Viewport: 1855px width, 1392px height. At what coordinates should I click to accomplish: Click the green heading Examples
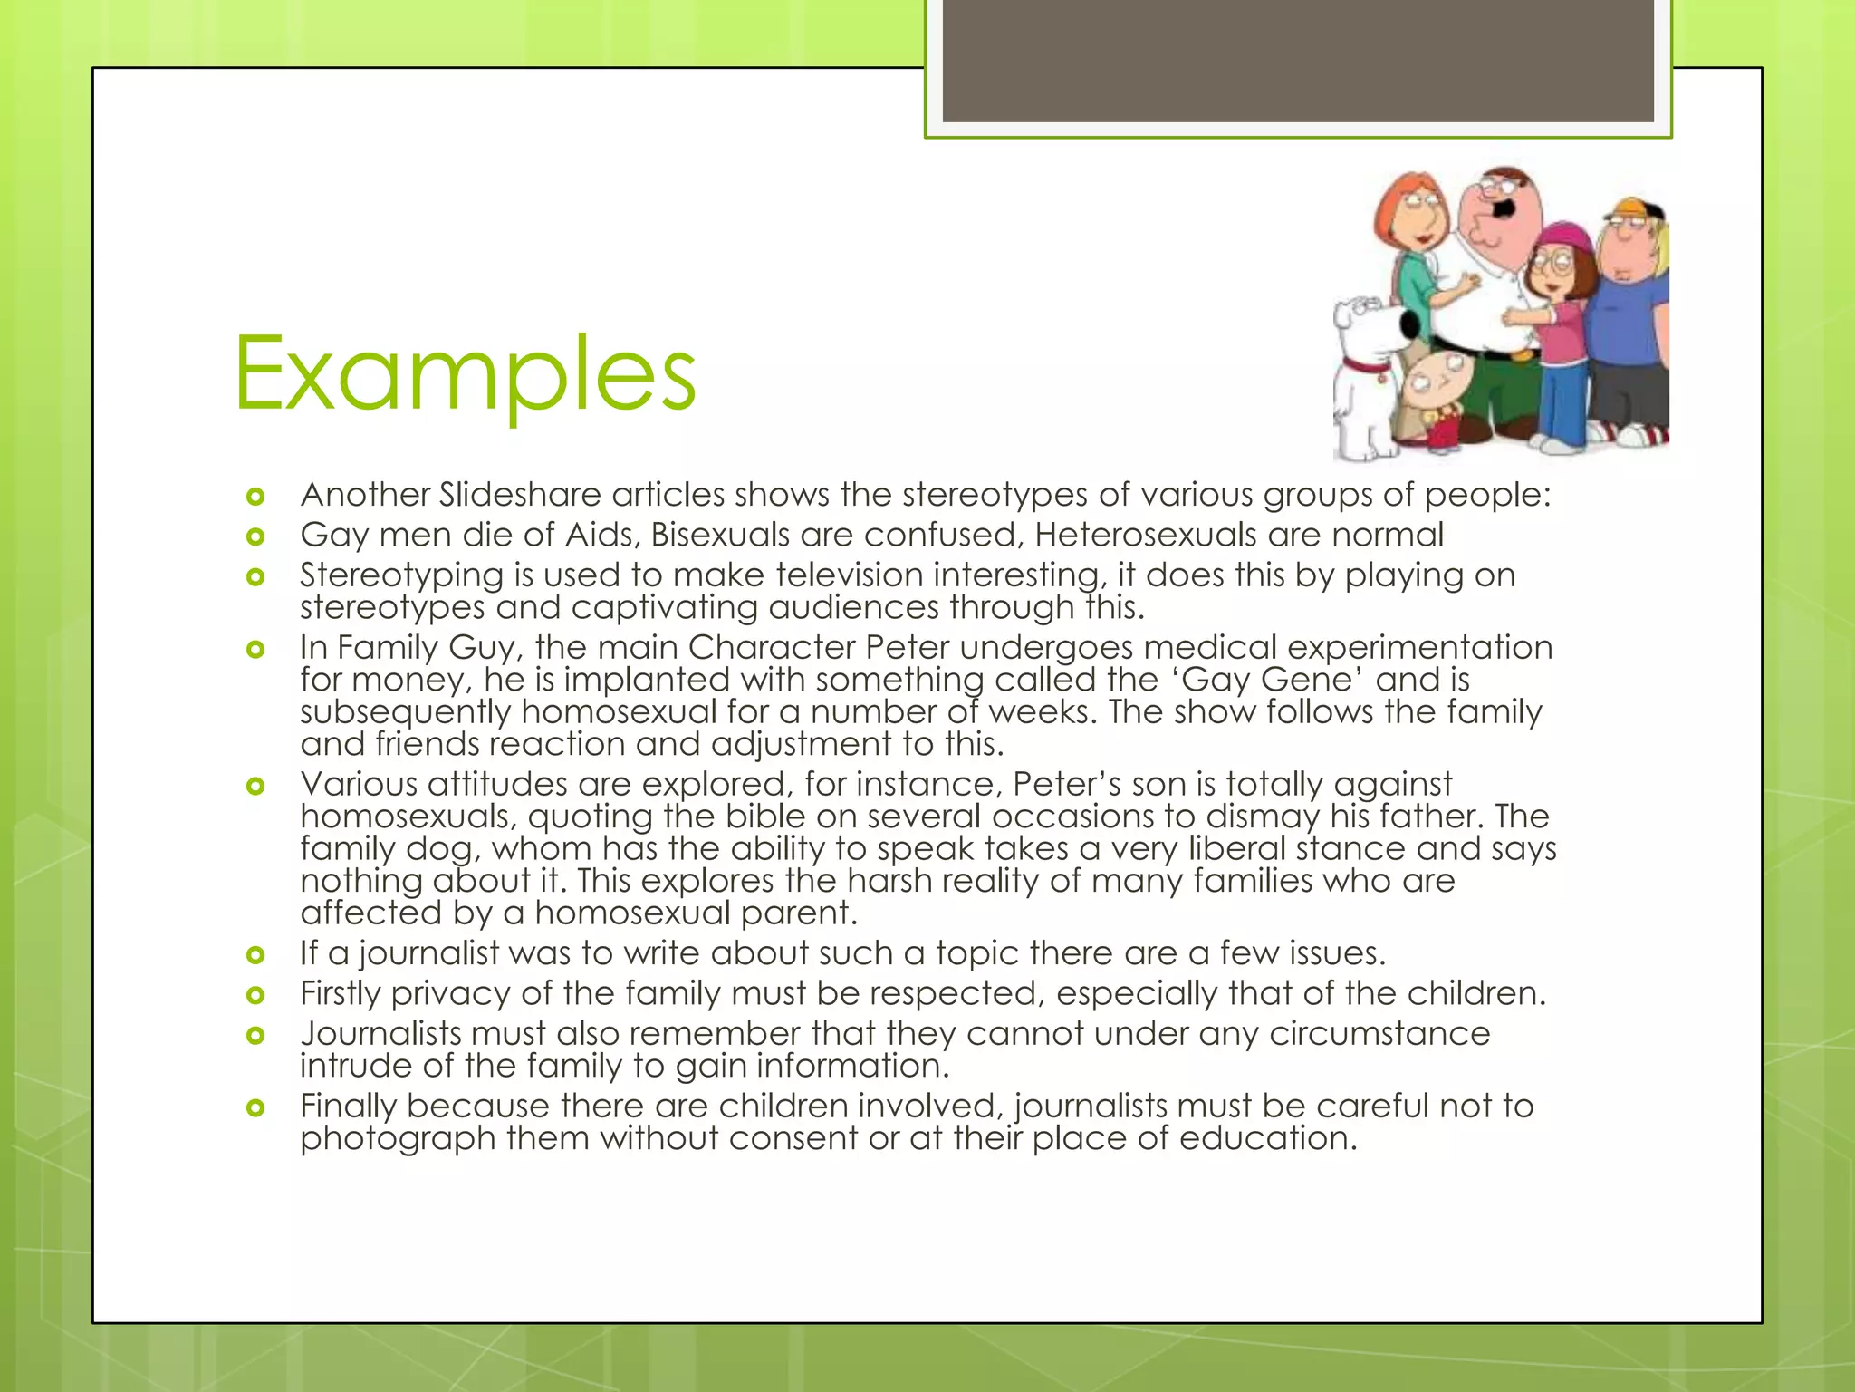pos(465,373)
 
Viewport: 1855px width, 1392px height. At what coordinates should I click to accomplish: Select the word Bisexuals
pos(719,535)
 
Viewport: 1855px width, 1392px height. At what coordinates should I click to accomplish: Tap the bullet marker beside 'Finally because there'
pos(255,1107)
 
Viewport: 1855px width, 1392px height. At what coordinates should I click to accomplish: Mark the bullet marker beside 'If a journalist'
pos(255,954)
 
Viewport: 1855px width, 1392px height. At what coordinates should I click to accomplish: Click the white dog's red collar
pos(1367,368)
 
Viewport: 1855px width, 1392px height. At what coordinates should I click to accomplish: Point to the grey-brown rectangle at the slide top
pos(1298,61)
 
